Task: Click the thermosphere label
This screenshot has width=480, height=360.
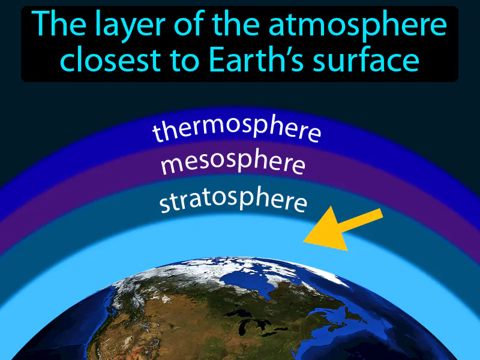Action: coord(236,128)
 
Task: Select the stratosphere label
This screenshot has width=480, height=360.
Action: coord(233,200)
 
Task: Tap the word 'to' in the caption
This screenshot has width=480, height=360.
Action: coord(188,61)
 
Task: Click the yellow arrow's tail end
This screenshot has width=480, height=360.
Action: coord(378,215)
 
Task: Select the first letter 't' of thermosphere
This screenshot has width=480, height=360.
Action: coord(157,135)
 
